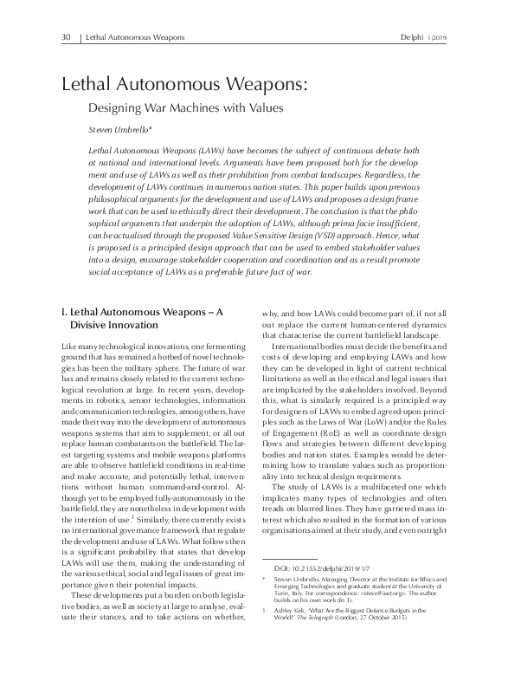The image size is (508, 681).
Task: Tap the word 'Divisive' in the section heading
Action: point(99,325)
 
